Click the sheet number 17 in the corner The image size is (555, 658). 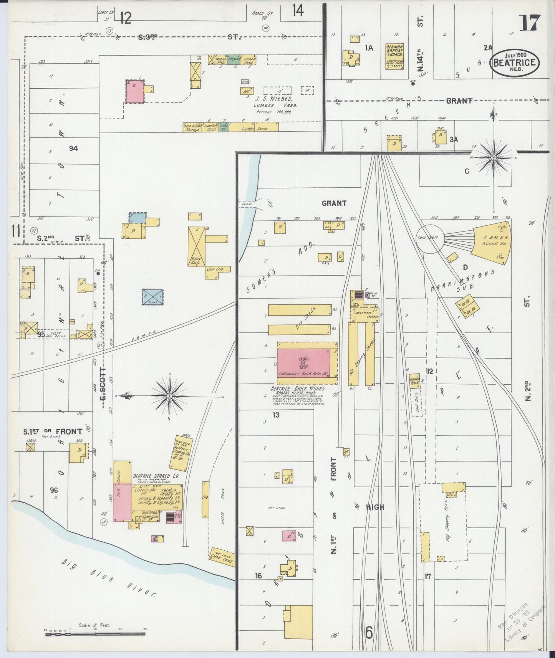click(x=530, y=23)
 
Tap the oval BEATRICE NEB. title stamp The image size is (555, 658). click(x=514, y=62)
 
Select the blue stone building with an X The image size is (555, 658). click(x=152, y=297)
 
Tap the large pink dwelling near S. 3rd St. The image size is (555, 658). click(x=135, y=91)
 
